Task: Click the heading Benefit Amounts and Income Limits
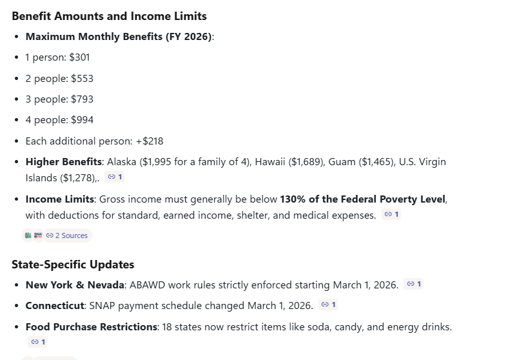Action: (109, 16)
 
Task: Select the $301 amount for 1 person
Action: (79, 57)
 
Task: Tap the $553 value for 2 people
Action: (83, 78)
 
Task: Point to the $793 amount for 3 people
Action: (83, 99)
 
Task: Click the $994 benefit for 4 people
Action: (83, 119)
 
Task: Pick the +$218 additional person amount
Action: (150, 141)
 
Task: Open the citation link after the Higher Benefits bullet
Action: (115, 177)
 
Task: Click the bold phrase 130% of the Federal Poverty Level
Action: (363, 199)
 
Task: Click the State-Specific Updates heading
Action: (73, 264)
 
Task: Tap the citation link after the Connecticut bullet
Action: (328, 305)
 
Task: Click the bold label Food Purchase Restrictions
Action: (91, 327)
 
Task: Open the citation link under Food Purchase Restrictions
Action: (37, 342)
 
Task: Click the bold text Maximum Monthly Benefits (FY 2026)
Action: (118, 37)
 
